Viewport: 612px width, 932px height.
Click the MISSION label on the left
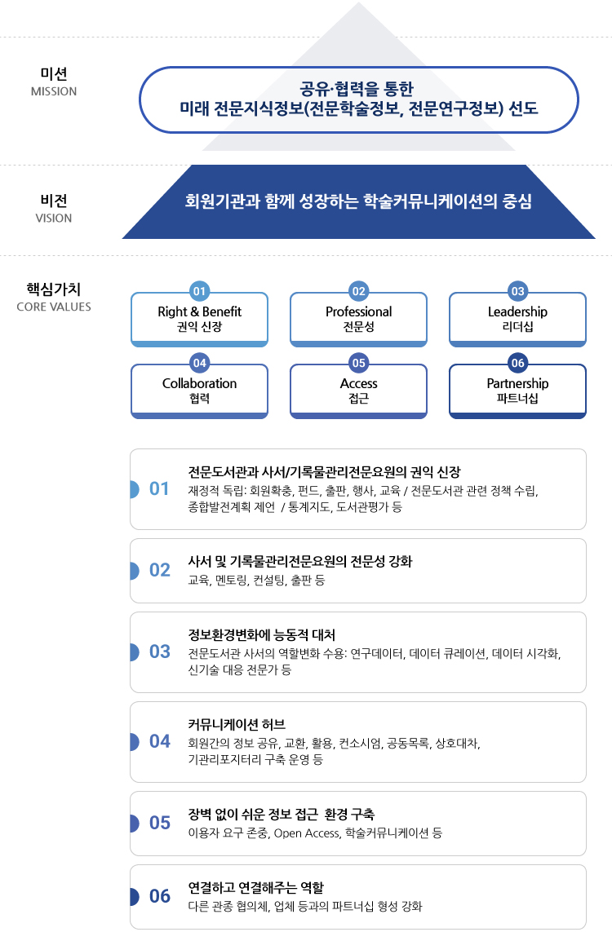pos(54,91)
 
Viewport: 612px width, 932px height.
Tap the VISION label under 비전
pos(54,219)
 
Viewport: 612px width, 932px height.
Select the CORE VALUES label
pos(54,307)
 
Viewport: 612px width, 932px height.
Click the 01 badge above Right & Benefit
pos(199,291)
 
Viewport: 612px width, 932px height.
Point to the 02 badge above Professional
pos(359,291)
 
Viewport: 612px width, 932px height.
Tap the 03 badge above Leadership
pos(518,291)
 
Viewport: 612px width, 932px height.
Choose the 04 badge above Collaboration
pos(199,363)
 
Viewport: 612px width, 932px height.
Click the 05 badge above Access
pos(359,363)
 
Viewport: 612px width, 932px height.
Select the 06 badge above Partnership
pos(518,363)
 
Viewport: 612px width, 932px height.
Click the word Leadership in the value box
pos(517,311)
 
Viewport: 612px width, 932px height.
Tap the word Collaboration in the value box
pos(199,383)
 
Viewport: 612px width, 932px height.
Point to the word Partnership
pos(517,383)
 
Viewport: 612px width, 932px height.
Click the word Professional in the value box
pos(359,311)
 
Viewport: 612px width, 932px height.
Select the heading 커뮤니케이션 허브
pos(237,724)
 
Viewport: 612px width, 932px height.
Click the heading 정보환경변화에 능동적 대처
pos(262,635)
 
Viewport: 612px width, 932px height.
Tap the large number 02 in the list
pos(159,570)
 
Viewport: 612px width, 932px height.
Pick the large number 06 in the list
pos(159,896)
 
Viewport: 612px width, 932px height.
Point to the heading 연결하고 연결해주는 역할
pos(255,887)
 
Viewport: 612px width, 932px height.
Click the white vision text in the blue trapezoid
pos(358,201)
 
